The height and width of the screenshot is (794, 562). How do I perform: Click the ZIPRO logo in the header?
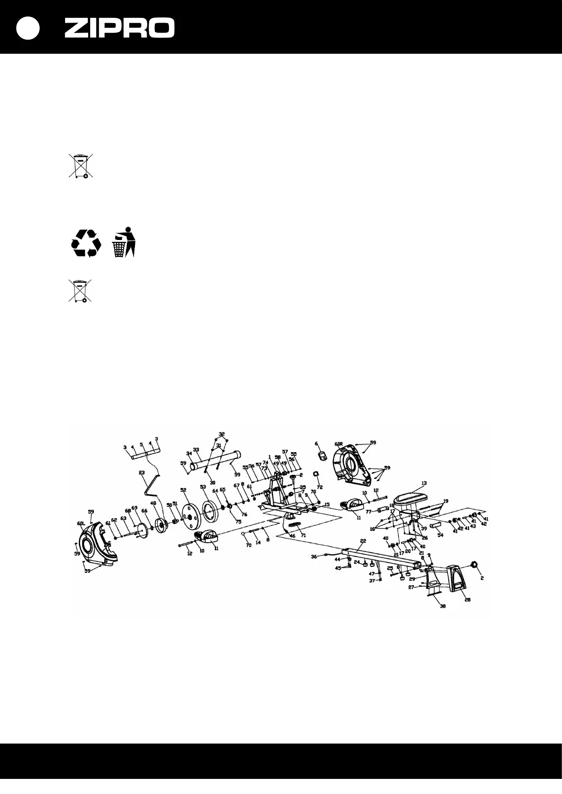click(x=119, y=28)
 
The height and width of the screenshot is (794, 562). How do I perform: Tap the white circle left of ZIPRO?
click(x=28, y=28)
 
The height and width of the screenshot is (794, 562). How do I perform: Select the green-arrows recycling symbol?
click(x=86, y=243)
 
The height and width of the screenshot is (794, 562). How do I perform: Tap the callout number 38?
click(x=443, y=606)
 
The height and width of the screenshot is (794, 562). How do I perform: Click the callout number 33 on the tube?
click(x=196, y=450)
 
